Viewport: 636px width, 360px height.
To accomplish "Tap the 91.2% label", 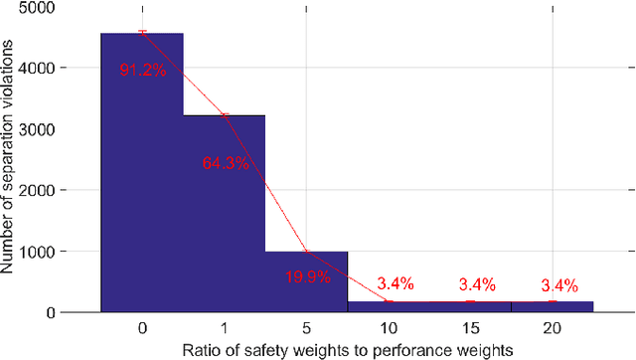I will point(142,71).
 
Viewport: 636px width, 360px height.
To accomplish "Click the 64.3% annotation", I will point(225,163).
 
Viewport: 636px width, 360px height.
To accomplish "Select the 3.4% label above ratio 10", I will point(389,287).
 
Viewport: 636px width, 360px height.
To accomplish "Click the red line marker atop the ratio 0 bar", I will point(142,31).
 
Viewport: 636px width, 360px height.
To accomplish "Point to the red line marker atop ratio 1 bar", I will point(225,115).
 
